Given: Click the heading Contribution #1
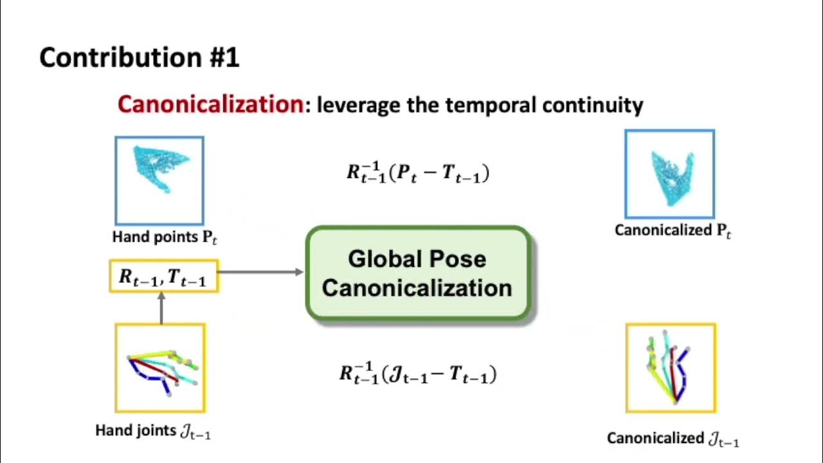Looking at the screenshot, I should tap(140, 58).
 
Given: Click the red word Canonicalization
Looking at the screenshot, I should tap(210, 104).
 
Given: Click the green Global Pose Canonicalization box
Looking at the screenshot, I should tap(418, 273).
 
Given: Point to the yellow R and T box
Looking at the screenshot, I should tap(163, 277).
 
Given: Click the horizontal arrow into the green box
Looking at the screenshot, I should tap(260, 272).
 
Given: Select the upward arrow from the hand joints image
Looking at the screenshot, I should tap(161, 307).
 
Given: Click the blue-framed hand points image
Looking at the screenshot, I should tap(159, 180).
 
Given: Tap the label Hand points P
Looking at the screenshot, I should tap(165, 237).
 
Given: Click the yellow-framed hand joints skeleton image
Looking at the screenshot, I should tap(160, 368).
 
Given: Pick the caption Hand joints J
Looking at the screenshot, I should tap(153, 431).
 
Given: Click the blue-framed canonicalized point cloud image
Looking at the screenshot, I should tap(669, 174).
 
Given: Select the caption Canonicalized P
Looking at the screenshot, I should tap(673, 230).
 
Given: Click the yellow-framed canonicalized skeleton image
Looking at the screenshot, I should tap(671, 368).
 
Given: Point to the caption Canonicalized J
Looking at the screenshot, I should tap(673, 439).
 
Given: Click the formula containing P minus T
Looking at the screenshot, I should tap(418, 173).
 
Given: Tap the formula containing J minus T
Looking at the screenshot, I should tap(418, 374).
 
